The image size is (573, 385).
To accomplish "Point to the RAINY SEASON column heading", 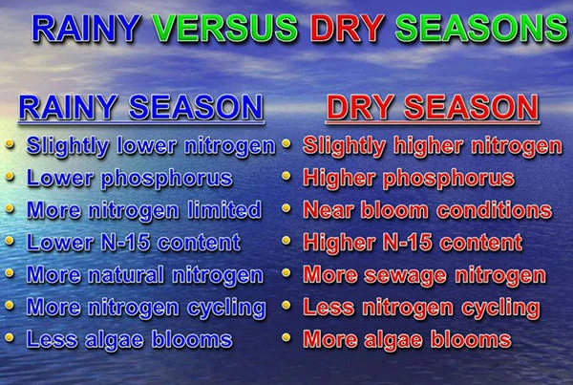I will tap(141, 108).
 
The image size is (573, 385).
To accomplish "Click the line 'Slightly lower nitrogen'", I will tap(151, 146).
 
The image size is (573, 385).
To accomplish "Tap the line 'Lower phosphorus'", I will tap(130, 178).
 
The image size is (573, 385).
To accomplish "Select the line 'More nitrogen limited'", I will tap(144, 210).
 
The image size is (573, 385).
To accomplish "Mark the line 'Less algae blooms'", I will tap(130, 339).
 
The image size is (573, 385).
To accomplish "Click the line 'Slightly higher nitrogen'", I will tap(432, 146).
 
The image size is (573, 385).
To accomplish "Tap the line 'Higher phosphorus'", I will tap(409, 178).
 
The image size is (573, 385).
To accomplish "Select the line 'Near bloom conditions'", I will tap(427, 210).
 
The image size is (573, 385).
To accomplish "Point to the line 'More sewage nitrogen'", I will tap(424, 275).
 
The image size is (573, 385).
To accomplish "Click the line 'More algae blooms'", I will tap(407, 339).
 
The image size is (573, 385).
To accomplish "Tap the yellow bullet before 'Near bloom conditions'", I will tap(286, 209).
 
